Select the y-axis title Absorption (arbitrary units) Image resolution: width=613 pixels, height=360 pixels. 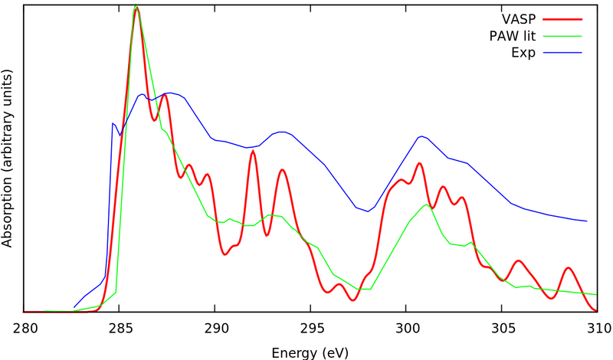[8, 157]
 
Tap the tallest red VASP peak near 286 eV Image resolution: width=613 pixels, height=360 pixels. [136, 10]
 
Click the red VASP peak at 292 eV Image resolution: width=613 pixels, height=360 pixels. [253, 152]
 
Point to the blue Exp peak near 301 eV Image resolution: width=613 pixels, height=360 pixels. [421, 136]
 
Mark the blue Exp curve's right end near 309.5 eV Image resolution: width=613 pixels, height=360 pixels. [587, 220]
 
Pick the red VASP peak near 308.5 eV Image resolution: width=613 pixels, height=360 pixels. [568, 268]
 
